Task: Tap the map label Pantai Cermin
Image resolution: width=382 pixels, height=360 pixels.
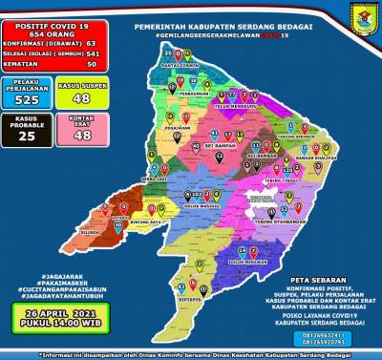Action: pos(180,66)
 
